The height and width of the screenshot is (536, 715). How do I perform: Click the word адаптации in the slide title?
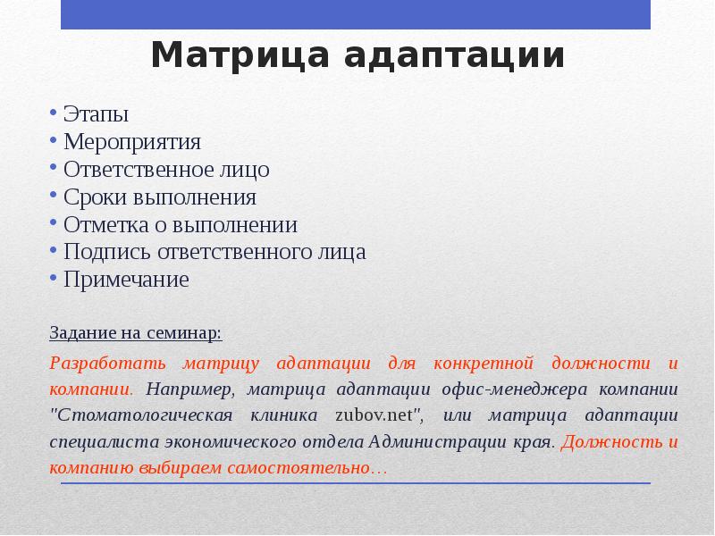(455, 55)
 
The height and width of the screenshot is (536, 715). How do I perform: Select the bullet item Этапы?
(96, 114)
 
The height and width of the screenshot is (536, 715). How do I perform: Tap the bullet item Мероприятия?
(132, 142)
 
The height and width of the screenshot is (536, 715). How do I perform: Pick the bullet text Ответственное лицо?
(166, 170)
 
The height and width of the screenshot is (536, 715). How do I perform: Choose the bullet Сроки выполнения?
(160, 197)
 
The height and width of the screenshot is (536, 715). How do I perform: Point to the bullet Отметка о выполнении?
(181, 225)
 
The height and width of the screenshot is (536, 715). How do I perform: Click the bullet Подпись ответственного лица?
(214, 253)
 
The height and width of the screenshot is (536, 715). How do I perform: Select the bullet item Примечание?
(126, 280)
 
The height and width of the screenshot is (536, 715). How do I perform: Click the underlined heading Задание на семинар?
(135, 333)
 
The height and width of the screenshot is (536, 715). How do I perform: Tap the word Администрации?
(442, 442)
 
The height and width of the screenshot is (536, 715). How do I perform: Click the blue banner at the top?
(356, 14)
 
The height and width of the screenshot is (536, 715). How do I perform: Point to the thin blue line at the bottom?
(356, 483)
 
